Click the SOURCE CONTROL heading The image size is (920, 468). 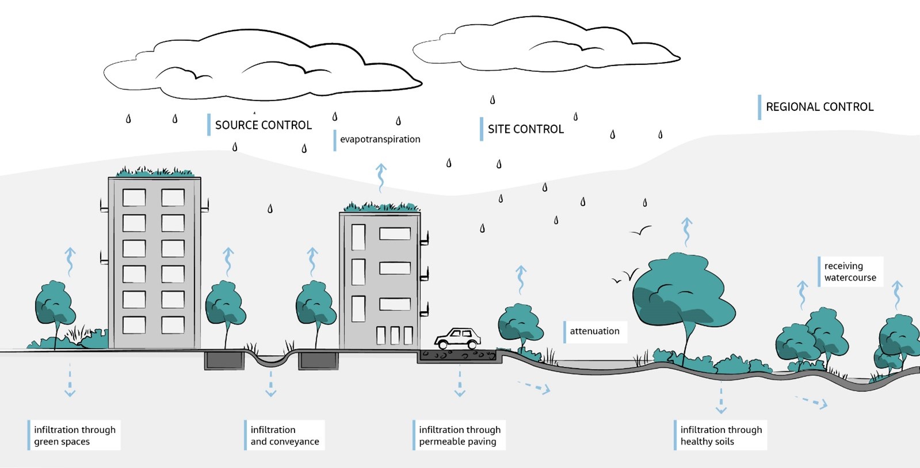click(x=263, y=125)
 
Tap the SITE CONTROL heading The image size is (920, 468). click(x=525, y=129)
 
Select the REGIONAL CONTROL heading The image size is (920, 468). click(x=819, y=107)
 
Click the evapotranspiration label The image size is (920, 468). click(x=380, y=140)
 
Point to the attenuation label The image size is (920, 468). click(x=594, y=331)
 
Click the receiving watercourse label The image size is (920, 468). click(x=850, y=272)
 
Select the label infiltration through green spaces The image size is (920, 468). click(x=74, y=436)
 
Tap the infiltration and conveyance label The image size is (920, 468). click(x=284, y=436)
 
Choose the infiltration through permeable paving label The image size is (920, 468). click(x=459, y=436)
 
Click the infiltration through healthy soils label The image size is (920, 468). click(x=720, y=436)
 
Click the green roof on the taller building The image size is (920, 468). click(x=154, y=172)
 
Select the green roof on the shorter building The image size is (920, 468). click(x=380, y=207)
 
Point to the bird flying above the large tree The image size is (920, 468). click(x=641, y=231)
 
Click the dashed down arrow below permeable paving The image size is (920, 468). click(x=459, y=383)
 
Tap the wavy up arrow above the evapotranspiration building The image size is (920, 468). click(x=381, y=178)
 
